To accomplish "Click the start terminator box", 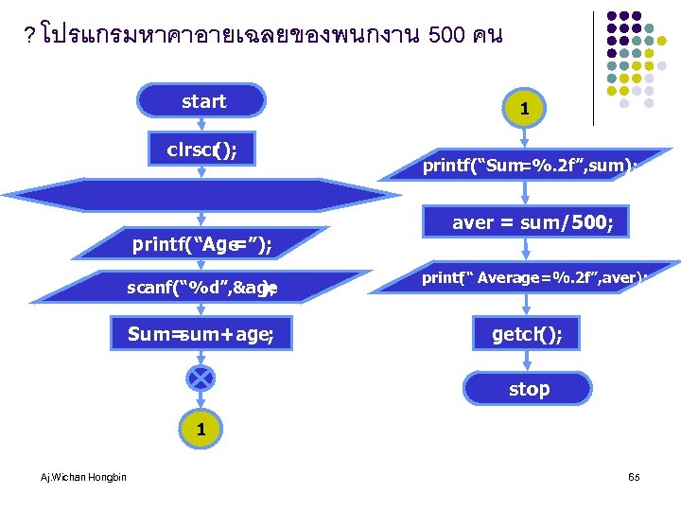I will click(x=202, y=101).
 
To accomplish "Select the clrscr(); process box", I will click(x=201, y=149).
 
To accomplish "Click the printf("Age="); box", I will click(x=201, y=245).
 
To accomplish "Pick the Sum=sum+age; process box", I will click(x=201, y=333).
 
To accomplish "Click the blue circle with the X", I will click(x=201, y=379).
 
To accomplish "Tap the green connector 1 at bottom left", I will click(x=201, y=429).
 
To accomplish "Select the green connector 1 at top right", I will click(x=524, y=108).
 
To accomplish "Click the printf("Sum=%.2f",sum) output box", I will click(x=530, y=167).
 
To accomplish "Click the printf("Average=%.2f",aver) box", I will click(x=534, y=278).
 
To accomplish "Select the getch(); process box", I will click(x=529, y=334).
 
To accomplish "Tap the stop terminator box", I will click(x=529, y=388).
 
